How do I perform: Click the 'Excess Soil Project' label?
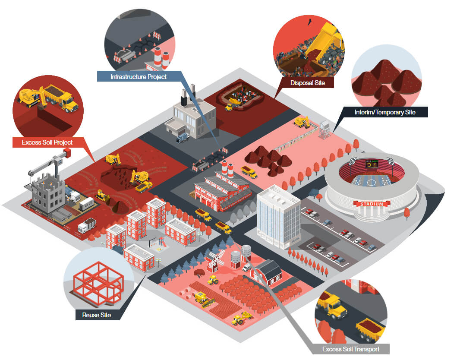click(x=47, y=142)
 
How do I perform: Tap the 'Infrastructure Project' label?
click(x=139, y=77)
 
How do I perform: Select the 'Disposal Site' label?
click(x=307, y=83)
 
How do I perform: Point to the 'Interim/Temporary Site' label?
click(x=385, y=112)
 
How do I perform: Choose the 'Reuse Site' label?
click(x=97, y=315)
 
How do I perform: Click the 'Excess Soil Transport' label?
click(x=350, y=349)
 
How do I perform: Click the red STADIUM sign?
click(x=372, y=204)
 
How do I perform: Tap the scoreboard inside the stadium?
click(x=372, y=164)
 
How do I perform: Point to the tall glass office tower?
click(x=278, y=217)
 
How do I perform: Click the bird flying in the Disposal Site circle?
click(x=309, y=22)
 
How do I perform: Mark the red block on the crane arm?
click(x=67, y=152)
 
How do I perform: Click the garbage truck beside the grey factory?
click(x=183, y=137)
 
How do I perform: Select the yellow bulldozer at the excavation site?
click(x=103, y=196)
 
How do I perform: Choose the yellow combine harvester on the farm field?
click(x=205, y=300)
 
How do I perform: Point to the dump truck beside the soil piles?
click(x=249, y=172)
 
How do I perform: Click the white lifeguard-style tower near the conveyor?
click(x=325, y=129)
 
